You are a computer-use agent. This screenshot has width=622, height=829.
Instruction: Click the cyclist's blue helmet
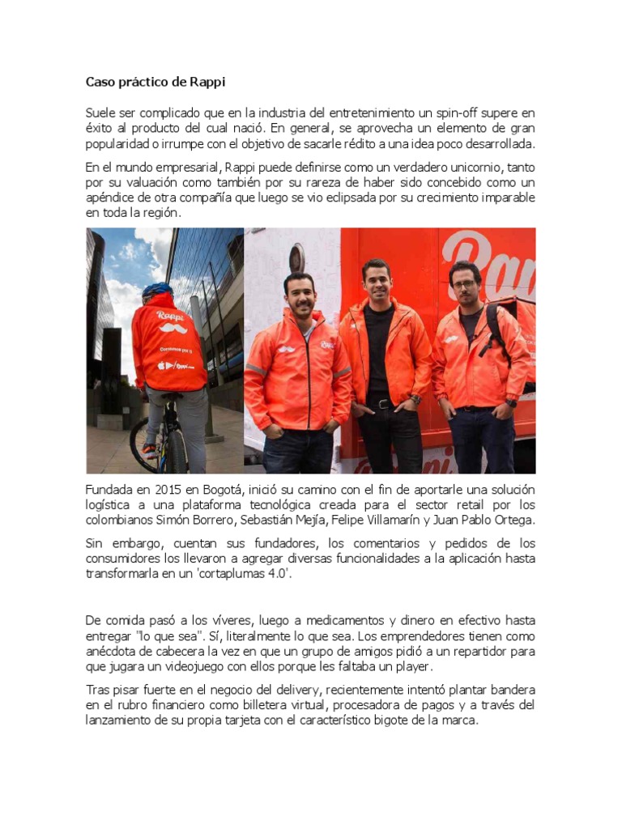(x=157, y=290)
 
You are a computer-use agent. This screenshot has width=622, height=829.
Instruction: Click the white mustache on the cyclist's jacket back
(x=171, y=329)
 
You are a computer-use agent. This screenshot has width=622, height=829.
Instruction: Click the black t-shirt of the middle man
(x=378, y=348)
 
